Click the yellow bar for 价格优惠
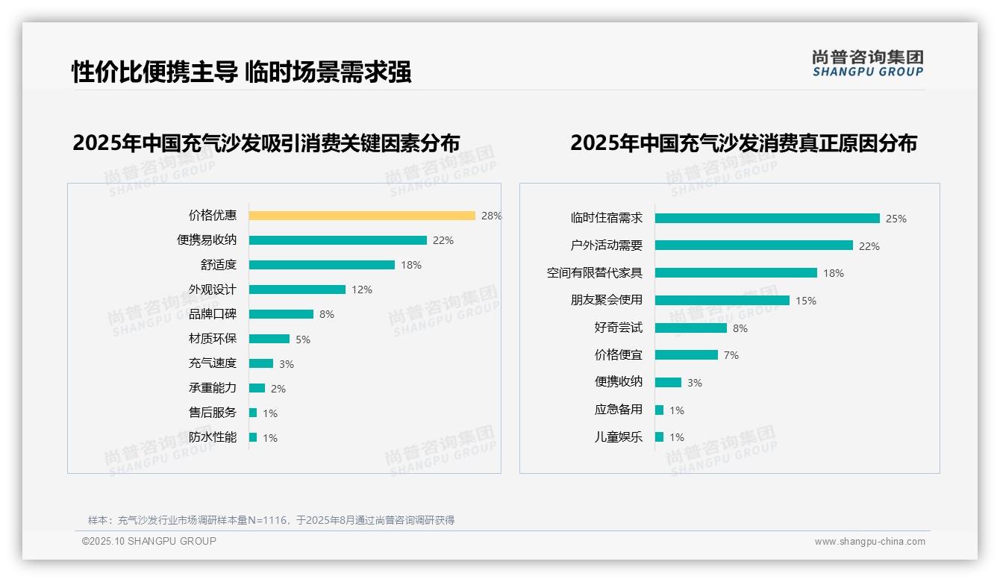click(x=362, y=216)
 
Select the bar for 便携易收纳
click(x=337, y=240)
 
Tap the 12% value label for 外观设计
click(x=362, y=290)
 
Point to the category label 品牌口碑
click(x=212, y=314)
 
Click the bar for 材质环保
click(x=269, y=339)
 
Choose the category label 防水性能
click(x=212, y=437)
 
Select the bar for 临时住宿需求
click(x=767, y=219)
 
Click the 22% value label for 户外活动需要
click(x=869, y=246)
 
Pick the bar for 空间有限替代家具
click(x=736, y=273)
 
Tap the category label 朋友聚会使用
click(x=606, y=300)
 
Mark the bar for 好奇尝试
click(x=690, y=328)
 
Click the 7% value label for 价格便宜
click(x=731, y=355)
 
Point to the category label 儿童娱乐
click(x=618, y=437)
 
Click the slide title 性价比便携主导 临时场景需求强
click(x=241, y=72)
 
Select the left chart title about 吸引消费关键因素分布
click(x=266, y=143)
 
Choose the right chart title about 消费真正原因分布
click(x=743, y=143)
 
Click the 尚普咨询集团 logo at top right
click(x=867, y=63)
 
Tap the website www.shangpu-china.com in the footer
click(x=869, y=542)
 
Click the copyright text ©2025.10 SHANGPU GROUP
click(x=149, y=541)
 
